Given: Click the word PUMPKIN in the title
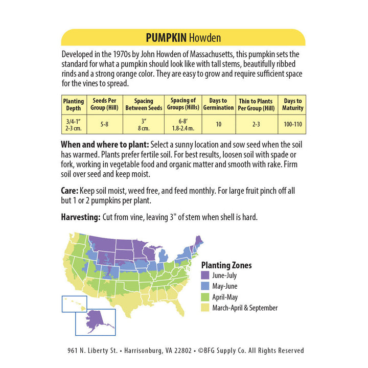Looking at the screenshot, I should [x=166, y=38].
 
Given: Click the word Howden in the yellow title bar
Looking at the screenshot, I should [x=205, y=38].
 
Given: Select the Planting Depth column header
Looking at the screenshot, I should [x=74, y=105].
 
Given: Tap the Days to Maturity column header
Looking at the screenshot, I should [x=293, y=105].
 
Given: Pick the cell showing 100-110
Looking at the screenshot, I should [x=293, y=124].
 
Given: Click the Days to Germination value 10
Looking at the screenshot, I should [x=218, y=124].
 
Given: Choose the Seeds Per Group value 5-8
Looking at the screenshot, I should [x=105, y=124].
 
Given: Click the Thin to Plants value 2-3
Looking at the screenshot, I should [x=256, y=124].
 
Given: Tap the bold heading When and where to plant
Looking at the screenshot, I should [x=105, y=144].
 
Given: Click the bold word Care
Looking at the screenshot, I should [x=70, y=191].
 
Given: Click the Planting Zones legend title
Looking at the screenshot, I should [x=226, y=265].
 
